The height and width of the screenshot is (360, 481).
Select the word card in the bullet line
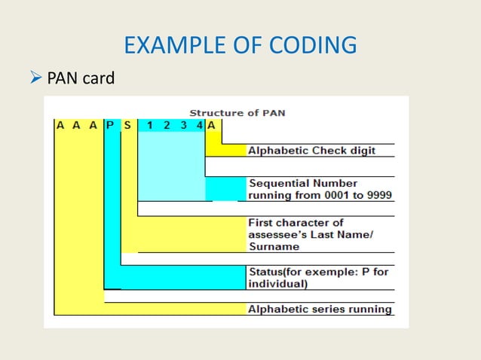click(x=98, y=78)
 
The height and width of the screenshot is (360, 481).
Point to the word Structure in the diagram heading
click(x=214, y=113)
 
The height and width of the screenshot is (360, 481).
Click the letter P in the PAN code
click(x=110, y=125)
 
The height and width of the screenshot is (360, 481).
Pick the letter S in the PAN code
click(x=127, y=125)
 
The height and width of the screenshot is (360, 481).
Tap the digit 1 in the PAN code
click(x=150, y=125)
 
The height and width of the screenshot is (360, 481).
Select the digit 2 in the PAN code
click(x=167, y=125)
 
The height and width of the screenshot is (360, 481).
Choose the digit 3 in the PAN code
click(x=183, y=125)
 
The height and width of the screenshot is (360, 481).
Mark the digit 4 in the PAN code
click(x=199, y=125)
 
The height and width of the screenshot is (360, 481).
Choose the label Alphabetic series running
click(x=320, y=309)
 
